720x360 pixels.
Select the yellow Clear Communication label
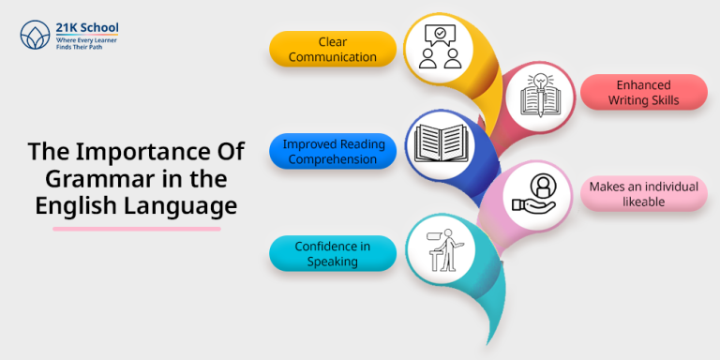click(320, 49)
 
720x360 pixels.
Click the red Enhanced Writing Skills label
click(643, 92)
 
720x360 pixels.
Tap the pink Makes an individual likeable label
click(643, 194)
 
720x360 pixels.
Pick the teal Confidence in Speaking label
click(320, 253)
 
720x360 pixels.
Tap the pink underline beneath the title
click(136, 228)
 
